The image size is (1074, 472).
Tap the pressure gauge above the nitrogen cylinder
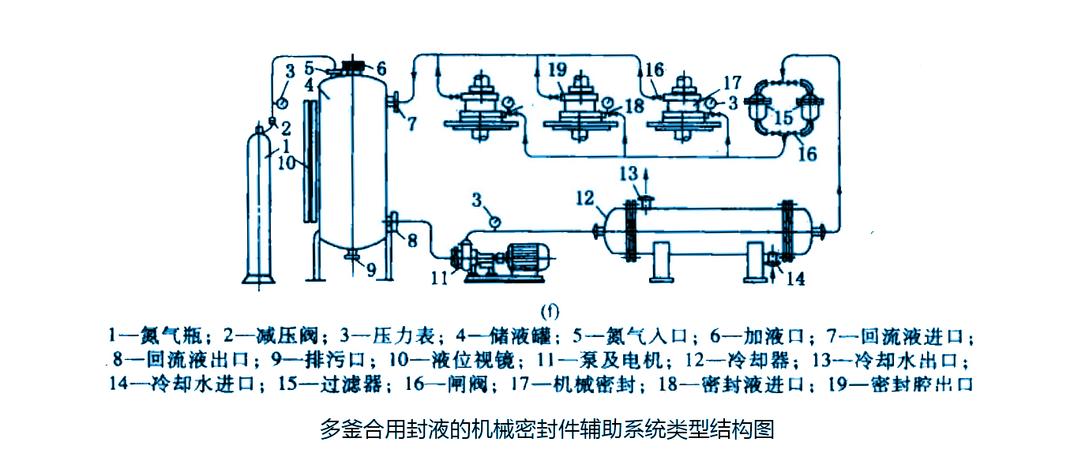[281, 103]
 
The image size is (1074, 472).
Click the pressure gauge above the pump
[494, 223]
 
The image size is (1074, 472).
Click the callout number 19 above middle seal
[557, 71]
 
